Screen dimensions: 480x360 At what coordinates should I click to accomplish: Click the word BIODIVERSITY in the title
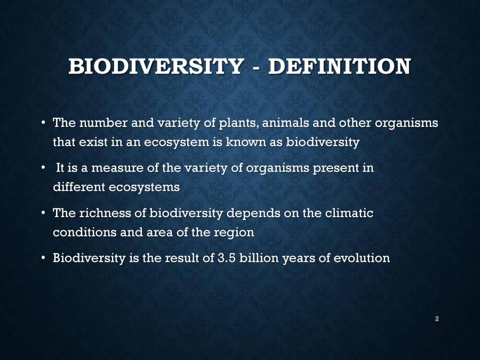coord(156,66)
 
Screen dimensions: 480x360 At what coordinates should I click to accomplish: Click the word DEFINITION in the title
coord(340,66)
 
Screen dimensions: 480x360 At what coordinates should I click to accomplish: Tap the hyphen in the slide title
coord(256,68)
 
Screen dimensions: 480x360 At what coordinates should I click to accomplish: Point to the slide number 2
coord(437,319)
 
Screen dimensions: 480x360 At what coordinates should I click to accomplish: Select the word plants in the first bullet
coord(238,123)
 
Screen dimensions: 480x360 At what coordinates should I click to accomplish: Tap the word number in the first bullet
coord(103,123)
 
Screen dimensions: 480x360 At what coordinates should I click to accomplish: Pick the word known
coord(246,142)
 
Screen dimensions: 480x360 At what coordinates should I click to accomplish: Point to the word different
coord(79,187)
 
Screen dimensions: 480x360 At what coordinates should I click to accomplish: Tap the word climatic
coord(349,213)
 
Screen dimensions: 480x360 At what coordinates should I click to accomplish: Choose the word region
coord(234,233)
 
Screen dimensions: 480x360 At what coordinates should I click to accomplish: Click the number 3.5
coord(227,258)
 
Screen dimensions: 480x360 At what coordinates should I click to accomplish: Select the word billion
coord(259,258)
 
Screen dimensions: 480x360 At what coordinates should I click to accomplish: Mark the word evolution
coord(362,258)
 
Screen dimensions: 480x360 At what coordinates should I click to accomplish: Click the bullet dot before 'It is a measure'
coord(44,167)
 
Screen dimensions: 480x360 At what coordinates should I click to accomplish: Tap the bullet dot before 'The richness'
coord(44,212)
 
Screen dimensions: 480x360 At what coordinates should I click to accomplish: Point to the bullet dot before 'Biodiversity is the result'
coord(44,258)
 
